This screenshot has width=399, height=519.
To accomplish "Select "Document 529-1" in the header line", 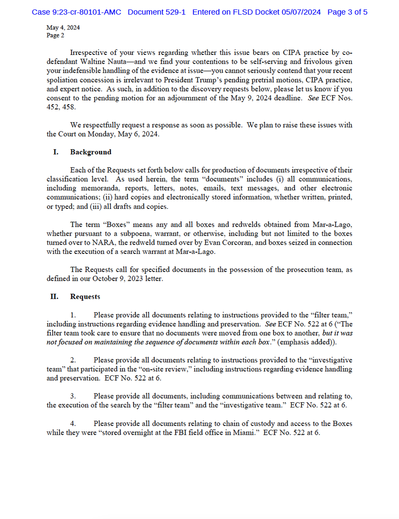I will click(157, 12).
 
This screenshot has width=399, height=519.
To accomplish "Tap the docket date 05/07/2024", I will click(300, 12).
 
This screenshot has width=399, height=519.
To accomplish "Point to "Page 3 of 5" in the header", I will click(348, 12).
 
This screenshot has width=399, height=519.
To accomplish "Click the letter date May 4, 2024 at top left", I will click(63, 28).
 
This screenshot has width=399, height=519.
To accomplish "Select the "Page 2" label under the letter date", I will click(55, 35).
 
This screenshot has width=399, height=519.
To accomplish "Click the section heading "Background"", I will click(91, 152).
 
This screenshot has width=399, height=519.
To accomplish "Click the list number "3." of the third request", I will click(73, 396).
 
